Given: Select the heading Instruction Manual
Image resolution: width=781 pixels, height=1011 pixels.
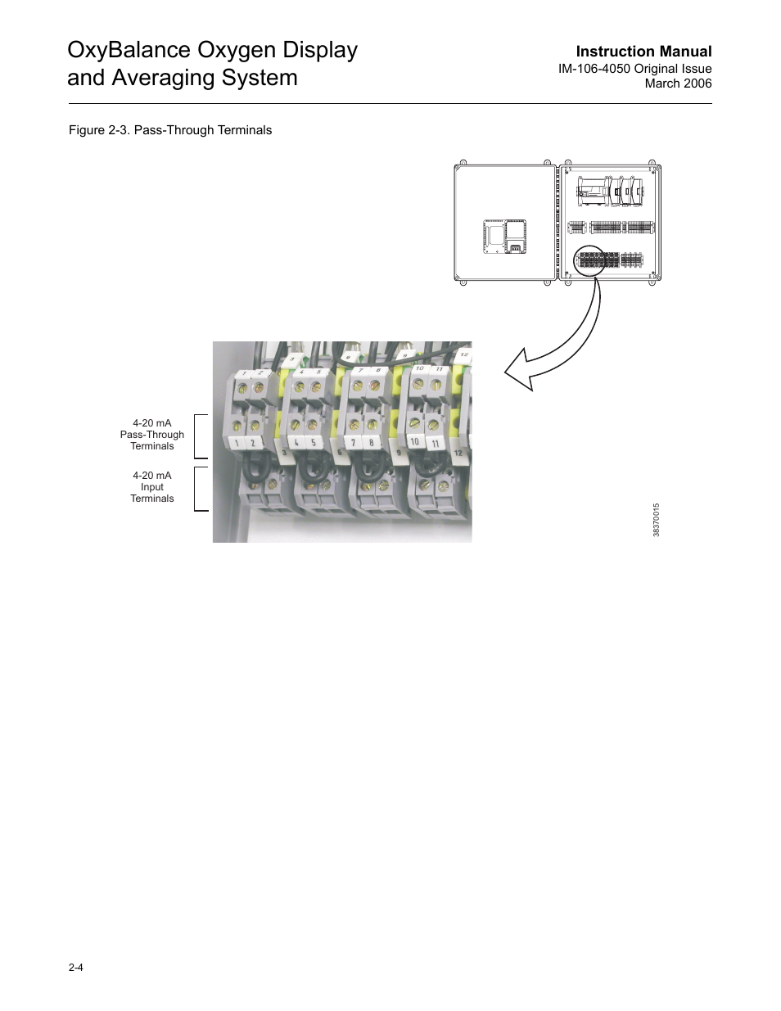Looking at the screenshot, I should [x=643, y=52].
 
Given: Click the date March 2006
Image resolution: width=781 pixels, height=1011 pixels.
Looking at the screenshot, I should [x=678, y=83].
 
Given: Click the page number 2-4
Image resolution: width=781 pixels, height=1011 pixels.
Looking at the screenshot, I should [x=75, y=968].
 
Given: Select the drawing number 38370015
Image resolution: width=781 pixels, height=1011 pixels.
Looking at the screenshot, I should [x=657, y=520].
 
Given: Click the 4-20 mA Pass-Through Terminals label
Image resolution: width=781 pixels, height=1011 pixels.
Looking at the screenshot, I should [x=152, y=435].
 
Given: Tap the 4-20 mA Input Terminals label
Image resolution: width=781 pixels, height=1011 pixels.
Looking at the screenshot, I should [x=152, y=487].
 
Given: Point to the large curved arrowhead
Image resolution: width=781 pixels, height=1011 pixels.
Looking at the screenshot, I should [x=520, y=372].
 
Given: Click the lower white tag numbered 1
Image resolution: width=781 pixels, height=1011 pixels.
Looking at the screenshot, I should [x=237, y=444].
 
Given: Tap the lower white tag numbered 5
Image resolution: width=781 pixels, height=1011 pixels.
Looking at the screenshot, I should [x=314, y=444].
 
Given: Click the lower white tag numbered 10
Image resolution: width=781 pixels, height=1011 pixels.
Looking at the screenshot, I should [x=415, y=442].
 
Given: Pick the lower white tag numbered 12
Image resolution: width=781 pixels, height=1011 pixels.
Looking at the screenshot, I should [x=458, y=452].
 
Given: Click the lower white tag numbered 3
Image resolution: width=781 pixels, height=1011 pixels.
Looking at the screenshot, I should [x=284, y=452].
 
